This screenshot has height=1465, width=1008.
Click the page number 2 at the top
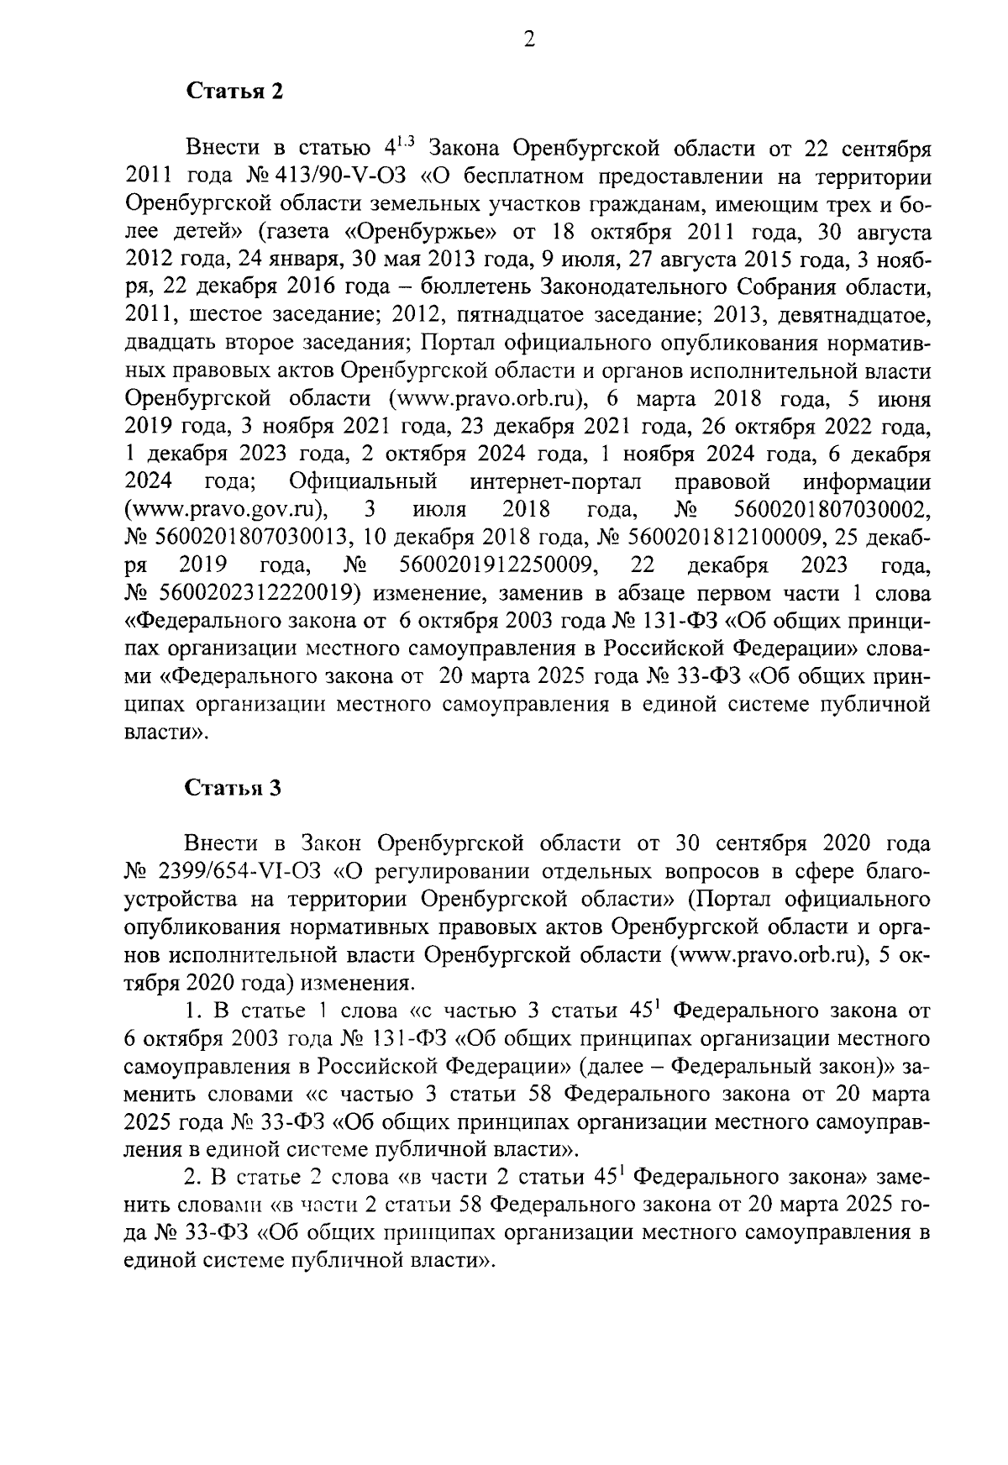click(x=529, y=39)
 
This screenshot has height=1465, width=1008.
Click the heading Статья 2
click(x=234, y=92)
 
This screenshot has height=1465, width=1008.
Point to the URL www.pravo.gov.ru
click(x=226, y=510)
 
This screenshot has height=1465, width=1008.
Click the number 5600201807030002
click(x=832, y=510)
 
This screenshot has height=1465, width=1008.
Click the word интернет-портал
click(x=556, y=482)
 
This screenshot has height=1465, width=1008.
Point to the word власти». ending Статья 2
click(x=165, y=732)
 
